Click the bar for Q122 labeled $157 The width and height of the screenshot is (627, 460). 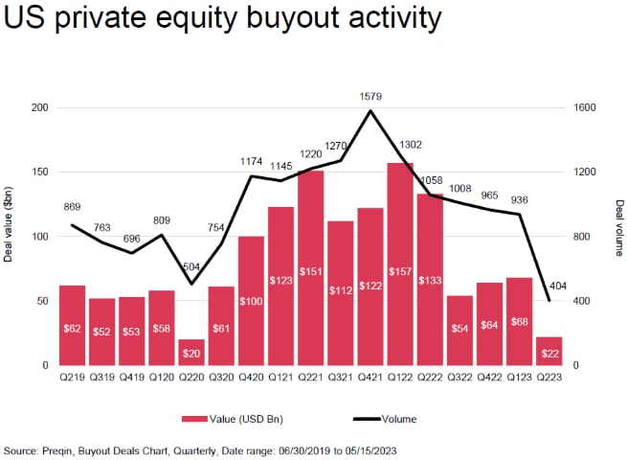400,264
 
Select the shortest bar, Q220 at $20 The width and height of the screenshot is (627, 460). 191,352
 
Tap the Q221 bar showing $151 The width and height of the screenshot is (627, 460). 310,267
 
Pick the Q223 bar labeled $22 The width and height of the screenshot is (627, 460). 549,351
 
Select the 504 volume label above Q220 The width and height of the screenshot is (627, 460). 192,267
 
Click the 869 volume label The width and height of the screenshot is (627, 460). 73,208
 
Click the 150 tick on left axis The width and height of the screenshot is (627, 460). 38,172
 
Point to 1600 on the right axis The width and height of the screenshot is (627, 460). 585,108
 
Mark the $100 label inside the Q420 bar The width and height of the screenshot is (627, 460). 251,329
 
